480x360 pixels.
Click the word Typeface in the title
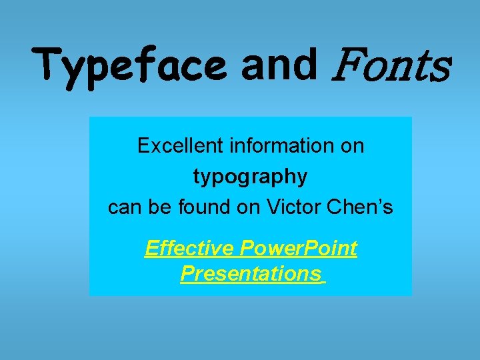(130, 67)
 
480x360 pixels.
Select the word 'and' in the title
(279, 64)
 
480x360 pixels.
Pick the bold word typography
(251, 177)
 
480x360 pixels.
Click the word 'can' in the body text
(122, 208)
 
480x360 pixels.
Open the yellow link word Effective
(189, 249)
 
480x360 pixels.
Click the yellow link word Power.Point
(298, 249)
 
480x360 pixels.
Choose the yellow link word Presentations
(250, 273)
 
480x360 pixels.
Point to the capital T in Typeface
(48, 65)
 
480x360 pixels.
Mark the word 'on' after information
(352, 146)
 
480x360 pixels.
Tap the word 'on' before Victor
(248, 208)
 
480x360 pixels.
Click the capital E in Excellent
(143, 146)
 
